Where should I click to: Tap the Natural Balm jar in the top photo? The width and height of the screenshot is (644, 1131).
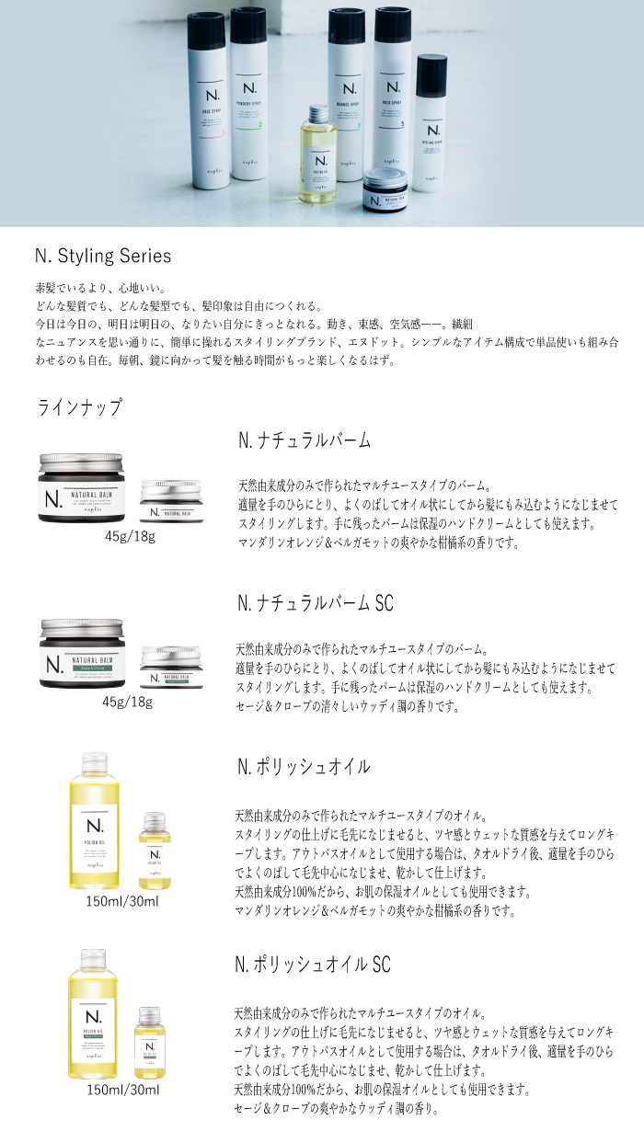pyautogui.click(x=387, y=190)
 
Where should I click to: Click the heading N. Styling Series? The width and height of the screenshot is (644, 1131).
pyautogui.click(x=103, y=256)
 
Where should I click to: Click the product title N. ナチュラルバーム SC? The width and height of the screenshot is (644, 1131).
pyautogui.click(x=316, y=603)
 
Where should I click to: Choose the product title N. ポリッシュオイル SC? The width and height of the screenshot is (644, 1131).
pyautogui.click(x=314, y=965)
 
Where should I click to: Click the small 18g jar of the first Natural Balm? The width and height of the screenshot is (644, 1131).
pyautogui.click(x=170, y=503)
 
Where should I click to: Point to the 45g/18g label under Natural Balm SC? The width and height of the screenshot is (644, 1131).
pyautogui.click(x=127, y=702)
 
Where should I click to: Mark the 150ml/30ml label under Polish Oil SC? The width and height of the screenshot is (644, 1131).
pyautogui.click(x=122, y=1090)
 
